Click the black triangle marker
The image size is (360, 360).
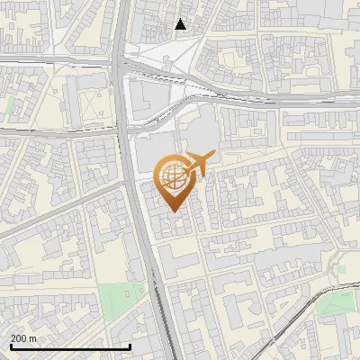[x=181, y=24]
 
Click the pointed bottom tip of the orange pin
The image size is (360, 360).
[x=173, y=212]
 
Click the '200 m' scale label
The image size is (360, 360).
[x=23, y=338]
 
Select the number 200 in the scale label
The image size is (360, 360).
[x=20, y=338]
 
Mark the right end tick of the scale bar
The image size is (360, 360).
[x=130, y=346]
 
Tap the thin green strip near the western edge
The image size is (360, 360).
[x=10, y=105]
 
